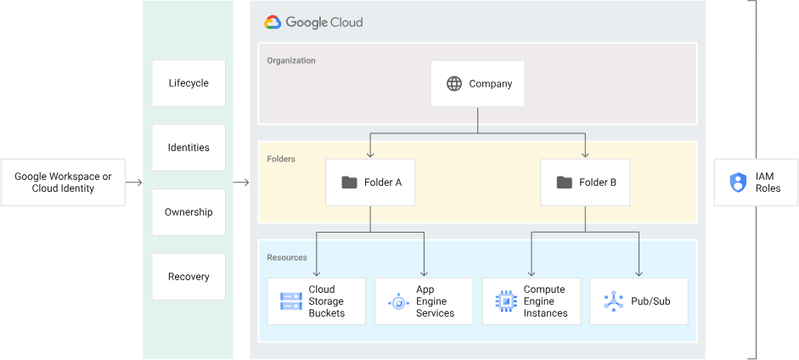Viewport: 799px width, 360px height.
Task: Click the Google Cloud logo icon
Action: click(273, 23)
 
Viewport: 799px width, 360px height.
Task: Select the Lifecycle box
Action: click(188, 83)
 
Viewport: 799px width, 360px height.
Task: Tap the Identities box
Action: click(188, 148)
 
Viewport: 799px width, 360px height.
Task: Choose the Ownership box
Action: click(188, 212)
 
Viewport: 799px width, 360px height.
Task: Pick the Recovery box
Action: click(188, 277)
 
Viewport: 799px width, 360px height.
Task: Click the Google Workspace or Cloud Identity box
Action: click(63, 183)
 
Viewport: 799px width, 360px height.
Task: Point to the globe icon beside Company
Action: click(454, 83)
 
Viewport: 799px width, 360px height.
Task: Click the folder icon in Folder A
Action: click(349, 183)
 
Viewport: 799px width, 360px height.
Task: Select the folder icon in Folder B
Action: click(564, 183)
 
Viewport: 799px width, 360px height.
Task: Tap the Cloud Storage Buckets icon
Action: click(291, 301)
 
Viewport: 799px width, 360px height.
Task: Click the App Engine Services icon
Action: click(398, 301)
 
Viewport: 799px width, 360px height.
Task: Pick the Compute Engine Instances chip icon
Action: click(506, 301)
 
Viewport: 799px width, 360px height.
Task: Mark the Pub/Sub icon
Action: click(614, 301)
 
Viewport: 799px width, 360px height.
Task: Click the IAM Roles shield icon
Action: click(737, 183)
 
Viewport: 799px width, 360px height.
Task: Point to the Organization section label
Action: click(291, 61)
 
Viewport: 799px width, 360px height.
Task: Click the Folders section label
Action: click(281, 159)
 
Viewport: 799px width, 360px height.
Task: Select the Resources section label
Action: click(287, 257)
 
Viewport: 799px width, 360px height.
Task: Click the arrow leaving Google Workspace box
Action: click(134, 183)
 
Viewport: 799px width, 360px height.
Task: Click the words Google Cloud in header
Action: click(324, 23)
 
